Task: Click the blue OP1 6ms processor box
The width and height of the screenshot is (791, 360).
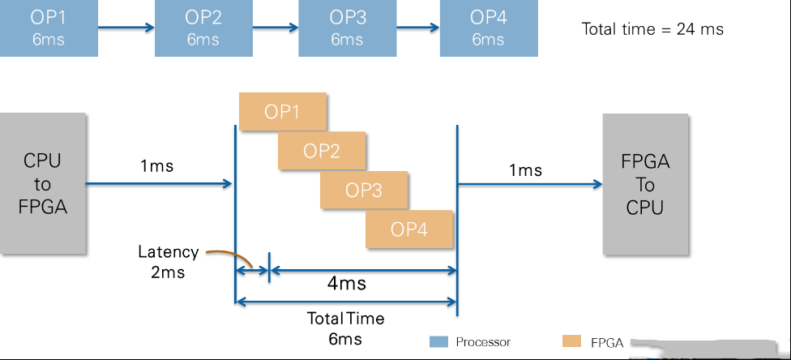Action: point(49,28)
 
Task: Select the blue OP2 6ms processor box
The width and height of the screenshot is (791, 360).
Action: point(203,28)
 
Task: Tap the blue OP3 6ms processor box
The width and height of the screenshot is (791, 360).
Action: point(348,28)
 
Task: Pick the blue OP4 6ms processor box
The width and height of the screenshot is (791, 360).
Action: point(489,28)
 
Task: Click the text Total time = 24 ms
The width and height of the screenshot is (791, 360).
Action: point(652,28)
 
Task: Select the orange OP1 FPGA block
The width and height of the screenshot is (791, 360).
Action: point(283,112)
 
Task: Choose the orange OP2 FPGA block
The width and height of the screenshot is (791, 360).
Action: point(321,151)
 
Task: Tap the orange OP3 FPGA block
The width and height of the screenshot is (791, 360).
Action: point(364,190)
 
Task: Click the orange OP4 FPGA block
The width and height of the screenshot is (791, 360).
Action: point(409,229)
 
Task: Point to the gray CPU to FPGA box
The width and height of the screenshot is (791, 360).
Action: point(43,183)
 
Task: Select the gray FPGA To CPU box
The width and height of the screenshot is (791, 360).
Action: point(645,184)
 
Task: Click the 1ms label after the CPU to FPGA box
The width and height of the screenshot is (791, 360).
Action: point(157,165)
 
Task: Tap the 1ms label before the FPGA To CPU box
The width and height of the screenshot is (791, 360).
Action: point(526,170)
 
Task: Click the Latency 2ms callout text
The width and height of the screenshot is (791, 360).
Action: point(169,262)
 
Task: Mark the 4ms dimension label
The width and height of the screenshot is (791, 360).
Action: point(347,283)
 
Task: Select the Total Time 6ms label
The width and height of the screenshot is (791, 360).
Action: point(345,328)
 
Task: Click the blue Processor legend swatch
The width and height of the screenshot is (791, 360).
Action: point(438,342)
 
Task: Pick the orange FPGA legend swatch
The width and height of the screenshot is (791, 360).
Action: point(571,341)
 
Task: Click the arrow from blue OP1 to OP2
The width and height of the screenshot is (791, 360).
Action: point(126,28)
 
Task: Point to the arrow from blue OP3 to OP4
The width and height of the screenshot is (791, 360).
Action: point(418,28)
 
